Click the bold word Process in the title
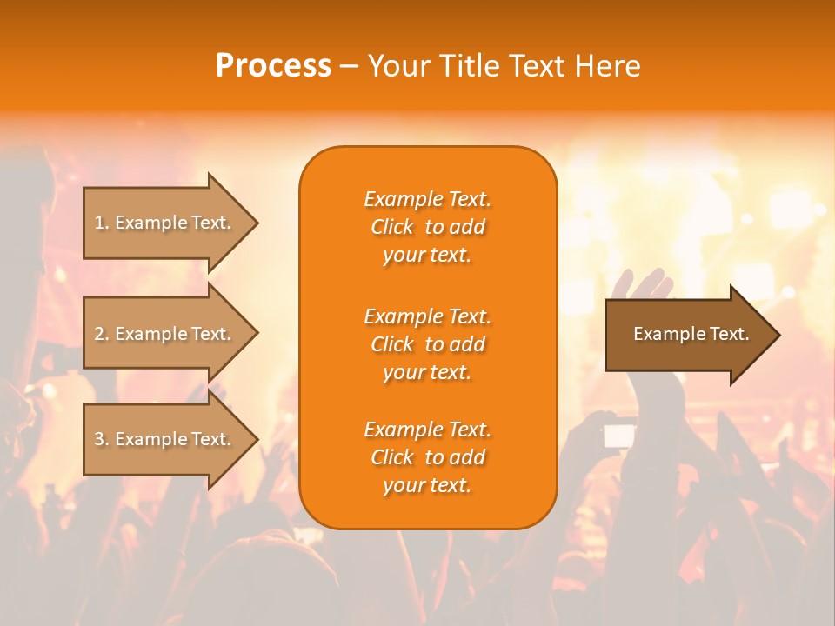(x=273, y=66)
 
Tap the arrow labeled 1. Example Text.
(x=165, y=223)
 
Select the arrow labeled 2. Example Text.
(x=165, y=334)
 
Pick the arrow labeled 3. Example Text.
(x=165, y=439)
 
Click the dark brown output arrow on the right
(x=687, y=334)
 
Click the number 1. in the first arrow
(x=102, y=223)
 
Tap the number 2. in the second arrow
(x=102, y=334)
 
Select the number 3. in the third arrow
(x=102, y=439)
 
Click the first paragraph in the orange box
(x=427, y=227)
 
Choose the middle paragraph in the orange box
(x=427, y=343)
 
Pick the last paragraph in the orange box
(x=427, y=457)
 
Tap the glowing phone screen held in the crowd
(x=619, y=435)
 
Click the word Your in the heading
(x=397, y=66)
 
